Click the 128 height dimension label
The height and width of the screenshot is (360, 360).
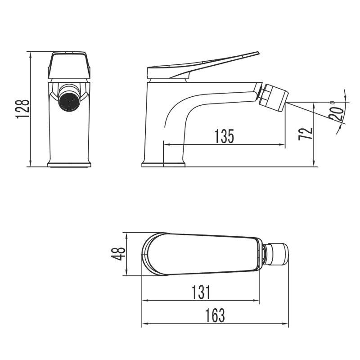click(23, 108)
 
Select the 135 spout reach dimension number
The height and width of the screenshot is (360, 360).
click(224, 135)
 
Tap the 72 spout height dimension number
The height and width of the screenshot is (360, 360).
click(306, 134)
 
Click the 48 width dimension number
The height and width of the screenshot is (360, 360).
click(117, 254)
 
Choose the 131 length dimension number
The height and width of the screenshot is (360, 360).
click(200, 292)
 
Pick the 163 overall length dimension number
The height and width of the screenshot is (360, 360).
click(215, 316)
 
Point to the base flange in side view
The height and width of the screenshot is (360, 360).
click(163, 164)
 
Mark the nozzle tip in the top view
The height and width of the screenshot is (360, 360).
click(278, 254)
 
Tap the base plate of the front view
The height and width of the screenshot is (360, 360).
click(69, 165)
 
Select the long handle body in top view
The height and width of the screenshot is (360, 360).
click(207, 254)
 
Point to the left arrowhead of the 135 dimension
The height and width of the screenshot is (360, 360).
click(165, 145)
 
